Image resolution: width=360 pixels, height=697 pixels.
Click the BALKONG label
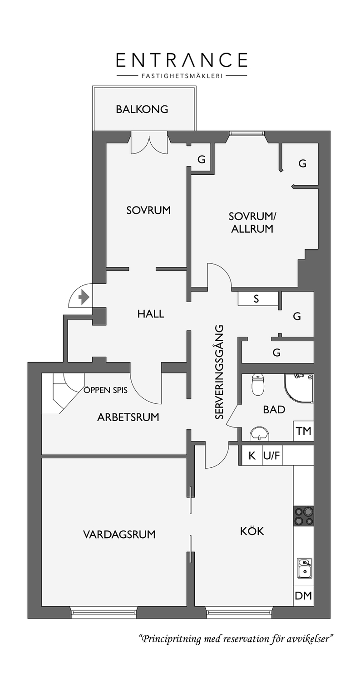142,109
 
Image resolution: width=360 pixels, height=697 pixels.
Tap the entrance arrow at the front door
84,297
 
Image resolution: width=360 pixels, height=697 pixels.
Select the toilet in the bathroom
257,385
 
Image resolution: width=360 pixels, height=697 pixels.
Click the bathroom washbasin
259,434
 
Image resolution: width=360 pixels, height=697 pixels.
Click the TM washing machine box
303,431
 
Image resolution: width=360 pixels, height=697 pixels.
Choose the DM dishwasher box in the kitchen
303,595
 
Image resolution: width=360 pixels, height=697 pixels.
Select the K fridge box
252,456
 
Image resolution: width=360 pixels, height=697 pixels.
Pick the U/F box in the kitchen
272,456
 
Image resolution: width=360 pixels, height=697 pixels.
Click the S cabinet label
256,299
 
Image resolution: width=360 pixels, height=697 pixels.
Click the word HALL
151,314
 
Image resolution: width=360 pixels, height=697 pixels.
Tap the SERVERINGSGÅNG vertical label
219,372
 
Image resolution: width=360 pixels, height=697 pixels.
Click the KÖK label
252,531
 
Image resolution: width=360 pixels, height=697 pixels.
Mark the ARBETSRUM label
128,417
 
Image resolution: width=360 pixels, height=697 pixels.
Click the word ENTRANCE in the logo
182,60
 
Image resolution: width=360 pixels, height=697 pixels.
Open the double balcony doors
149,142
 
